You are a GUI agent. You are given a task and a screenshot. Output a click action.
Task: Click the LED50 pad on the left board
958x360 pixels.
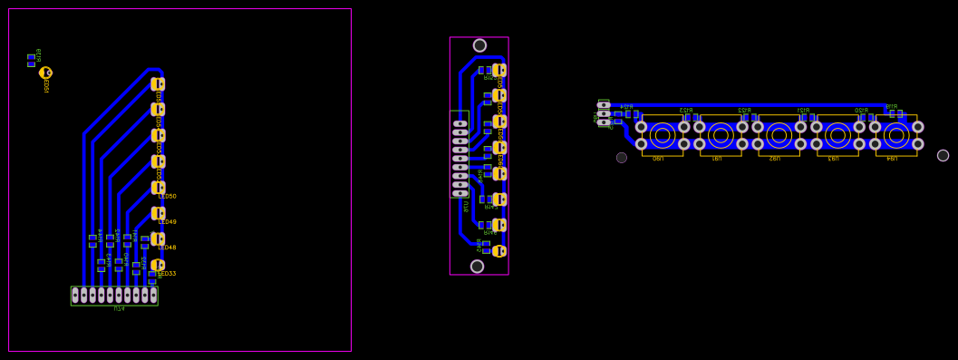click(x=158, y=188)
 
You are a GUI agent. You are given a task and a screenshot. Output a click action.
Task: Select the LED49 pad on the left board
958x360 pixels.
click(x=158, y=214)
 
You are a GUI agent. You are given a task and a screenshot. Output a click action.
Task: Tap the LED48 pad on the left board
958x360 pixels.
click(x=158, y=239)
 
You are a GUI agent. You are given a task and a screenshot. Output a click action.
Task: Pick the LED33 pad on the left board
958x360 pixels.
click(x=157, y=266)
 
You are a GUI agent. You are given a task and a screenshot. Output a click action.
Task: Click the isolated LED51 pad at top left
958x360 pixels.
click(x=45, y=73)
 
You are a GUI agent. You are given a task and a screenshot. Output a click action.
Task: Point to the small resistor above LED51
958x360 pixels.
click(x=31, y=60)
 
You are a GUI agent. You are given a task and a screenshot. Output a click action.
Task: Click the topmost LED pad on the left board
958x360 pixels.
click(x=158, y=84)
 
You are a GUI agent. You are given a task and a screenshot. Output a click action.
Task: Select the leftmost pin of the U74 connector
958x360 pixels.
click(x=75, y=295)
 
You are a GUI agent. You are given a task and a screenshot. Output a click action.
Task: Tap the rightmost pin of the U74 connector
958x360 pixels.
click(x=153, y=295)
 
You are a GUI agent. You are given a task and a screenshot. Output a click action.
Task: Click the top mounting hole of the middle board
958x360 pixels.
click(x=479, y=45)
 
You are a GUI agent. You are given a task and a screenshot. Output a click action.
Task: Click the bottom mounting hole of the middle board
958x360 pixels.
click(x=477, y=267)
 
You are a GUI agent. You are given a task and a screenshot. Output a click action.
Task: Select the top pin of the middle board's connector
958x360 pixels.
click(x=460, y=123)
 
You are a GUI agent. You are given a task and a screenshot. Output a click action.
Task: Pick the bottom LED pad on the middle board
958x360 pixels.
click(x=498, y=251)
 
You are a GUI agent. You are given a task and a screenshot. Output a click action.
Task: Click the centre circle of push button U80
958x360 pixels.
click(x=663, y=135)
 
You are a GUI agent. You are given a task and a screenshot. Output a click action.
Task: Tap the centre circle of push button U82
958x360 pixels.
click(x=779, y=135)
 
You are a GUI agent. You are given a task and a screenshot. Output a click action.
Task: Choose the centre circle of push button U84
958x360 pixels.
click(x=896, y=135)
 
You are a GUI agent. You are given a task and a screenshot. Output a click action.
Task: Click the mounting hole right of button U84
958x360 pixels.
click(x=943, y=155)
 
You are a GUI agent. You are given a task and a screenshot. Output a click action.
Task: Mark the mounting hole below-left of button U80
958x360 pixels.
click(x=622, y=158)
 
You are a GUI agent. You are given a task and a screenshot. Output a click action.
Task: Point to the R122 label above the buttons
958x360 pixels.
click(x=744, y=110)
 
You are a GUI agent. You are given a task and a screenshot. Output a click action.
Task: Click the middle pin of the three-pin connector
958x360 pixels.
click(x=604, y=113)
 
